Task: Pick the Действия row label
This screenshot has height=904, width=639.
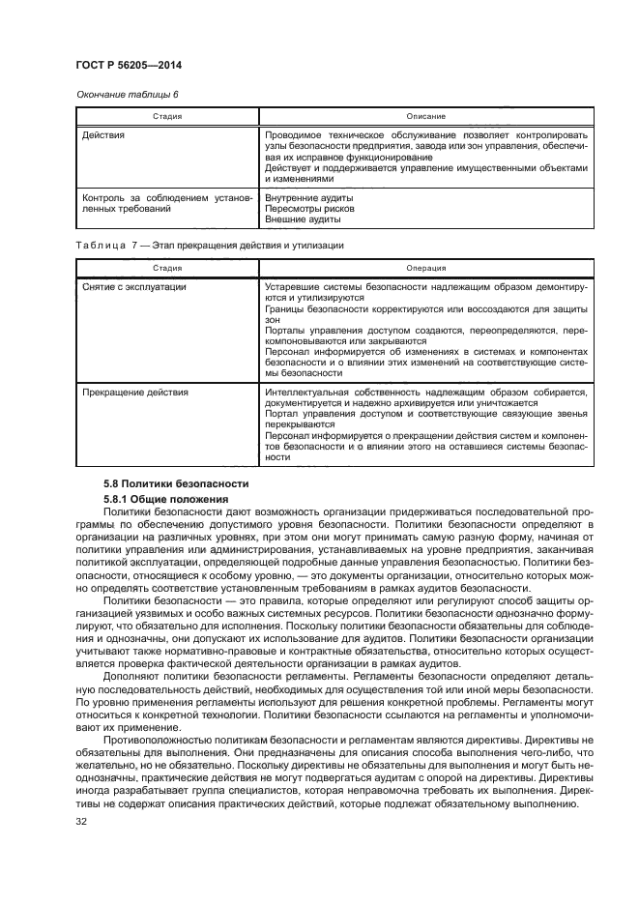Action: [x=103, y=135]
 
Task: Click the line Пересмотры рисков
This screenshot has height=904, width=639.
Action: [x=309, y=208]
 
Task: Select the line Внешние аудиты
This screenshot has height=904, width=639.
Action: [x=302, y=219]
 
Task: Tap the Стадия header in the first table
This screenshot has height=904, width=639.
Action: [x=167, y=115]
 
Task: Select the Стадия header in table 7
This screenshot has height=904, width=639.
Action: [x=167, y=268]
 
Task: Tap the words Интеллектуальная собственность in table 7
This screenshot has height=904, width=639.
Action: [x=337, y=393]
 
